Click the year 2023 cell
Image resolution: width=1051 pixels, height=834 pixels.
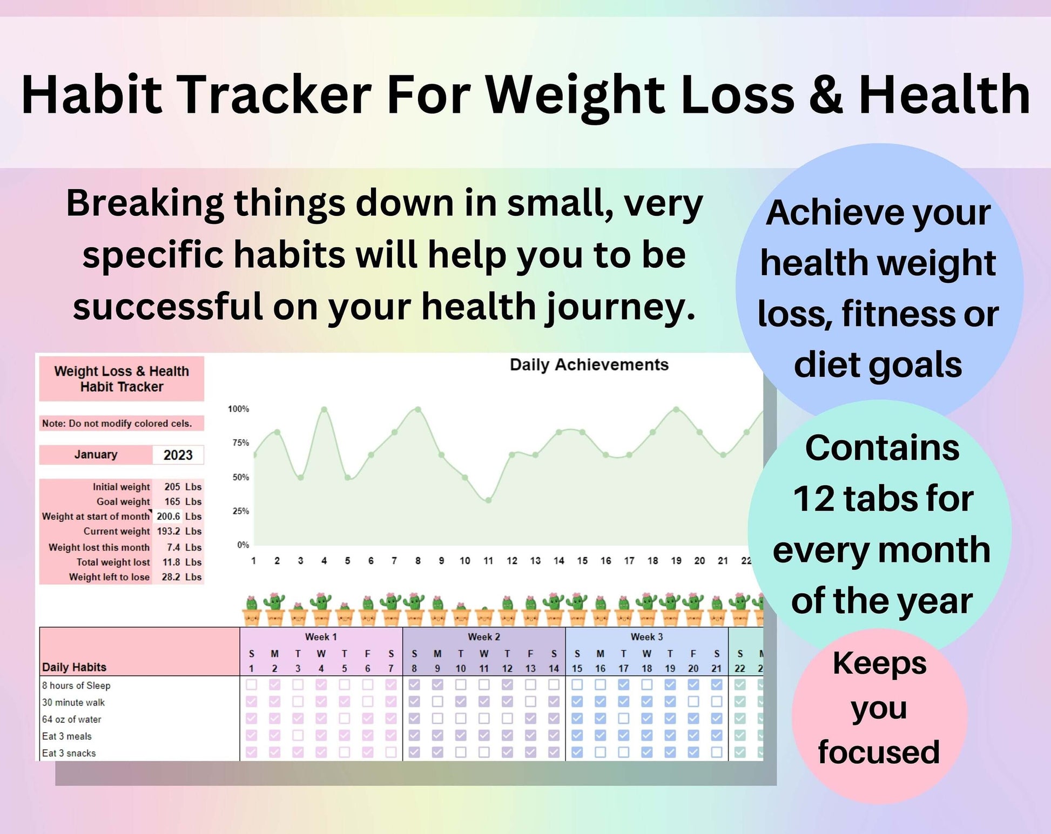[178, 455]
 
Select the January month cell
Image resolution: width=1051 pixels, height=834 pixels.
[96, 455]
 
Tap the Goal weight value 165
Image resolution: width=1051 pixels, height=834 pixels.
[172, 501]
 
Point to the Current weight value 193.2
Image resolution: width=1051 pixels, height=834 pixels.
[169, 531]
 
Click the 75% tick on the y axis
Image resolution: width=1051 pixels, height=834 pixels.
[240, 443]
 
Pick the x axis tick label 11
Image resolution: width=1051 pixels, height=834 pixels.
[488, 561]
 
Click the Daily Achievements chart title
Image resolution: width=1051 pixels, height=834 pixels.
[589, 365]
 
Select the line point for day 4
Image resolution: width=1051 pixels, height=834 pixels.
[324, 410]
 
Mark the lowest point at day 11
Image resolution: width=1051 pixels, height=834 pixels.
[488, 500]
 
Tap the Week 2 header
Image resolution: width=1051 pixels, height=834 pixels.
[484, 637]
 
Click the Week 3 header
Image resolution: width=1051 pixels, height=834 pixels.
[647, 637]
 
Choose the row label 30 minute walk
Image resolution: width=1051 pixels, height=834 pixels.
[73, 702]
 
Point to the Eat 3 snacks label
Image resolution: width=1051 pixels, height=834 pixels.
[69, 753]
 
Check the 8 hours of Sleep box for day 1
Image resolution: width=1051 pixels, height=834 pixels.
[251, 684]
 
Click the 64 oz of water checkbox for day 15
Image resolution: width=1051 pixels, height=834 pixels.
[577, 718]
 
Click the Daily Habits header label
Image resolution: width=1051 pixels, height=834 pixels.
[74, 667]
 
